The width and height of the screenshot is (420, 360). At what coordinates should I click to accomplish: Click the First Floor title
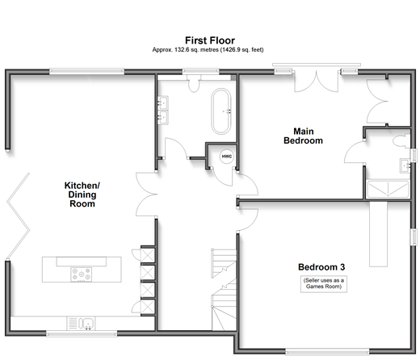point(210,40)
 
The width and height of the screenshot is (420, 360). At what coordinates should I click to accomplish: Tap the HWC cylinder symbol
point(227,157)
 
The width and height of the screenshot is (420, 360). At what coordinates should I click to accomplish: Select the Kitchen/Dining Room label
point(82,195)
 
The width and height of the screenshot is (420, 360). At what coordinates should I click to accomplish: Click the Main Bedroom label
point(303,136)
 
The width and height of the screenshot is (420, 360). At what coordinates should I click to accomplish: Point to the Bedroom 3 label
point(321,267)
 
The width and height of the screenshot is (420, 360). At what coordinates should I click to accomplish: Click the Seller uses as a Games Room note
point(324,283)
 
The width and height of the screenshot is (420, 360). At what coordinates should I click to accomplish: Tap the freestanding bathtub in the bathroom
point(221,111)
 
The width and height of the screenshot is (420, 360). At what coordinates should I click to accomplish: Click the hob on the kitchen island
point(81,274)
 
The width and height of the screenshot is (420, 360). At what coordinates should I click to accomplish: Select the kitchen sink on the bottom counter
point(81,323)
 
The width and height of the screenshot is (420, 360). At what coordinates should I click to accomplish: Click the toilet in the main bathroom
point(194,83)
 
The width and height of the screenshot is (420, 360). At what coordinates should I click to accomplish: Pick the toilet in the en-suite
point(401,141)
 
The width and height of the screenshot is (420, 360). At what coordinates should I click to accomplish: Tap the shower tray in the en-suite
point(388,190)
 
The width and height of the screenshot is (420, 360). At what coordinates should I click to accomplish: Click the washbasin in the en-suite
point(405,165)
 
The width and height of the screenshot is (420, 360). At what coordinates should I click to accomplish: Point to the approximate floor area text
point(208,50)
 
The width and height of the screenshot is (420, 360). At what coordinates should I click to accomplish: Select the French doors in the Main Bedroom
point(317,81)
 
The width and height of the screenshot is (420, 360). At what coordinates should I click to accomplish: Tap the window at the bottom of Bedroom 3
point(327,351)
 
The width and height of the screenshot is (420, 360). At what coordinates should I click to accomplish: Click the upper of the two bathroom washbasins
point(163,103)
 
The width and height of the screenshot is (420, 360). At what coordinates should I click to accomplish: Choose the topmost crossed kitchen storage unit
point(148,255)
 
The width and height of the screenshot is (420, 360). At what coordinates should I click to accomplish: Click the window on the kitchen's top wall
point(86,72)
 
